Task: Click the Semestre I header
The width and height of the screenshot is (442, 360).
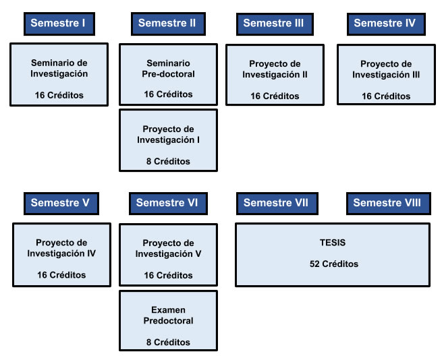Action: click(58, 23)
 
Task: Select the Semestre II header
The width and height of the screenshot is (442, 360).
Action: click(167, 23)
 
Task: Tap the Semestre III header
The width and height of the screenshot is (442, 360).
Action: click(273, 23)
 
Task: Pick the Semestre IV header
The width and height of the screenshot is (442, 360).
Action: click(385, 23)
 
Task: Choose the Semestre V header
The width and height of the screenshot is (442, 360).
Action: click(60, 202)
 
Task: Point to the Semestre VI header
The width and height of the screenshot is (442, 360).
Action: click(167, 202)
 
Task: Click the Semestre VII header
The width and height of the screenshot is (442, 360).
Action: click(275, 202)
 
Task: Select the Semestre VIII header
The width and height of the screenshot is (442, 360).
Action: click(387, 202)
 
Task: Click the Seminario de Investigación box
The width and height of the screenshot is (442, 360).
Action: click(59, 74)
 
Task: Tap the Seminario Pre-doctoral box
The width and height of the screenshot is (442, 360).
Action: click(168, 74)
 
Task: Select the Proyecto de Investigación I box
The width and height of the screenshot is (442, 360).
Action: click(168, 140)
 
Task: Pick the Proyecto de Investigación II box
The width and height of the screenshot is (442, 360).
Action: click(275, 75)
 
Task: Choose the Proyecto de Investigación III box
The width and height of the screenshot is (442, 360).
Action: click(386, 75)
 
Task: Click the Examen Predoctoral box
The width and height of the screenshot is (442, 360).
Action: click(168, 320)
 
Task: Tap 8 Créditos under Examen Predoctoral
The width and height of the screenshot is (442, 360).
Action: click(168, 342)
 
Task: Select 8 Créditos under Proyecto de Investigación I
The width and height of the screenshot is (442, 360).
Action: click(168, 161)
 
